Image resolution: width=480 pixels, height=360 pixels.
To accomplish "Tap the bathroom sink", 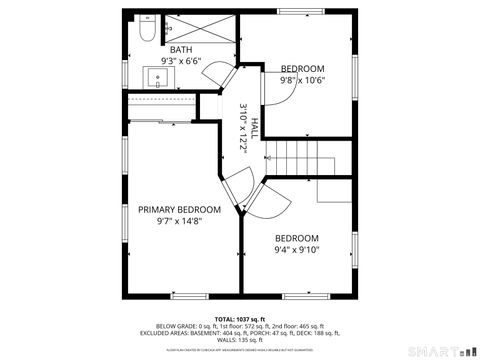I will click(x=160, y=75).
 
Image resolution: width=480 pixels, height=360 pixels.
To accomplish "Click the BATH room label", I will click(x=181, y=50).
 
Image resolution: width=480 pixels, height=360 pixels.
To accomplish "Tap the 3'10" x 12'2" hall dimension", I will click(x=243, y=127).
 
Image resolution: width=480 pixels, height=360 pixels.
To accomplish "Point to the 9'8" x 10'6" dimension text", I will click(x=302, y=80).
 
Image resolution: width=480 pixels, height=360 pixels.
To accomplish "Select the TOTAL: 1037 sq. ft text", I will click(x=240, y=318).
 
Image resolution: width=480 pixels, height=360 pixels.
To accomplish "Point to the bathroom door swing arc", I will click(x=229, y=81).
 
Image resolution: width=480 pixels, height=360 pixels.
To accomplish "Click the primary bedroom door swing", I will click(x=236, y=190).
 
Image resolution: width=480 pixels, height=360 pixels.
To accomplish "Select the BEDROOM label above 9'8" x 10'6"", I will click(x=302, y=68).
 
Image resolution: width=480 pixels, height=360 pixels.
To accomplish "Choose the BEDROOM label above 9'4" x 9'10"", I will click(x=296, y=238).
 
